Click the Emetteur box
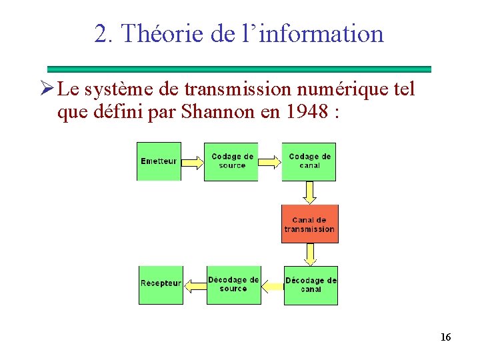tap(159, 161)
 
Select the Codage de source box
tap(231, 161)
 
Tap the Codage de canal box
tap(309, 161)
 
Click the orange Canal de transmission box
tap(309, 224)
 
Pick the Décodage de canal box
tap(311, 285)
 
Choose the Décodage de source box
tap(233, 285)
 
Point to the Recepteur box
tap(161, 285)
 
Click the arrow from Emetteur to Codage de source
tap(191, 161)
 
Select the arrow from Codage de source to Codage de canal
tap(269, 161)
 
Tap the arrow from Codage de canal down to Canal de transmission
tap(309, 193)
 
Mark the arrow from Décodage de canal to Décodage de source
tap(272, 286)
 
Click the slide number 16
tap(445, 337)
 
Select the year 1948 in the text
tap(308, 112)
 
